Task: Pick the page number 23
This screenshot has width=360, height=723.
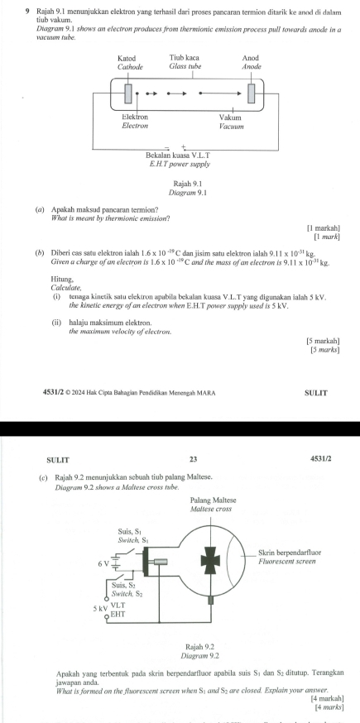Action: pos(193,459)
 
